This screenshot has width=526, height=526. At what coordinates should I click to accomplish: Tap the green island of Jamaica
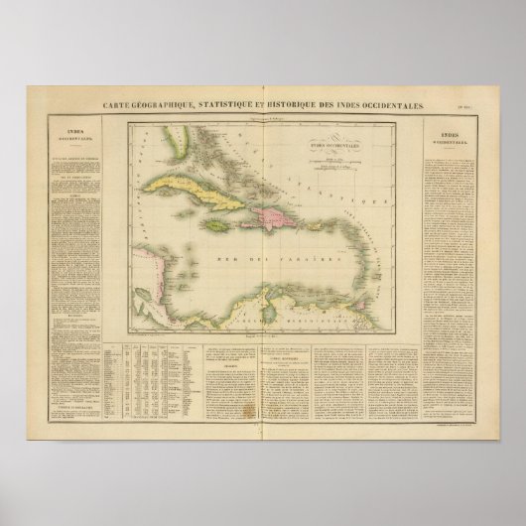(219, 225)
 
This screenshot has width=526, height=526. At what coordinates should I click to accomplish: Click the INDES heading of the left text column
(74, 130)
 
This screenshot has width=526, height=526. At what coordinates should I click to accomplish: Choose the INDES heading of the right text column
(451, 132)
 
